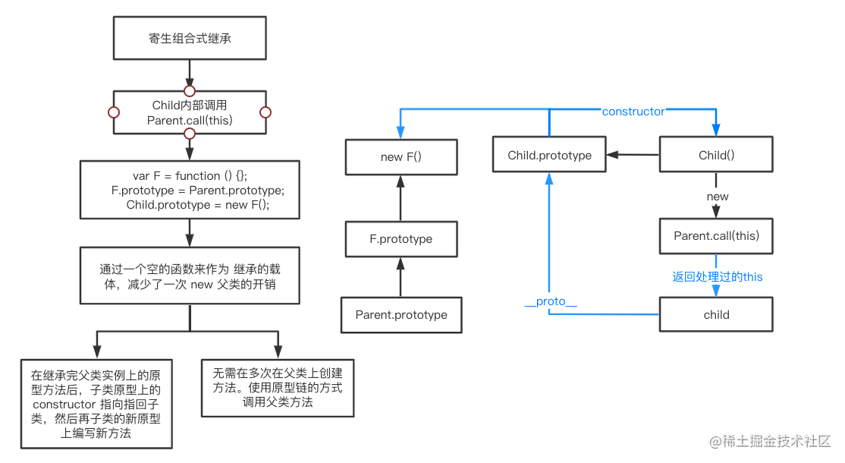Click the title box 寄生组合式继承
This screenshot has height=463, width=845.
click(190, 39)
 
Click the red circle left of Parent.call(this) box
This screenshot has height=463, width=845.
click(114, 112)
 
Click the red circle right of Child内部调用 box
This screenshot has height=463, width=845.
click(265, 112)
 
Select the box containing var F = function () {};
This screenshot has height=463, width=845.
click(190, 190)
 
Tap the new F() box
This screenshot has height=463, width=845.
click(401, 157)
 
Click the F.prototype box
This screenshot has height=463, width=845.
click(401, 238)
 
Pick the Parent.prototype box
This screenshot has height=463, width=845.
click(401, 315)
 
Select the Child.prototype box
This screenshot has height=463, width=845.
click(549, 156)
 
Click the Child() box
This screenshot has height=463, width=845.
click(716, 156)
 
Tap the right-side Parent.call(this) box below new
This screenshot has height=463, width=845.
click(716, 236)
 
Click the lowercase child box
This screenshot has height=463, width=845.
click(716, 314)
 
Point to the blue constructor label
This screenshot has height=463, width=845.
click(633, 112)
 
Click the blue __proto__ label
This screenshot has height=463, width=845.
click(551, 301)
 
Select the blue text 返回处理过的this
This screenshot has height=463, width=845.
click(717, 276)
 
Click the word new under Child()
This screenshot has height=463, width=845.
click(717, 197)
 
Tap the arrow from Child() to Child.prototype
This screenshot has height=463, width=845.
click(633, 156)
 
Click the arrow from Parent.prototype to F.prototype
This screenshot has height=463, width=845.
click(401, 278)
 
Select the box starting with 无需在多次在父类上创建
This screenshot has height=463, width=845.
click(278, 387)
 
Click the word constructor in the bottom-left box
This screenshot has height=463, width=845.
click(64, 405)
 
